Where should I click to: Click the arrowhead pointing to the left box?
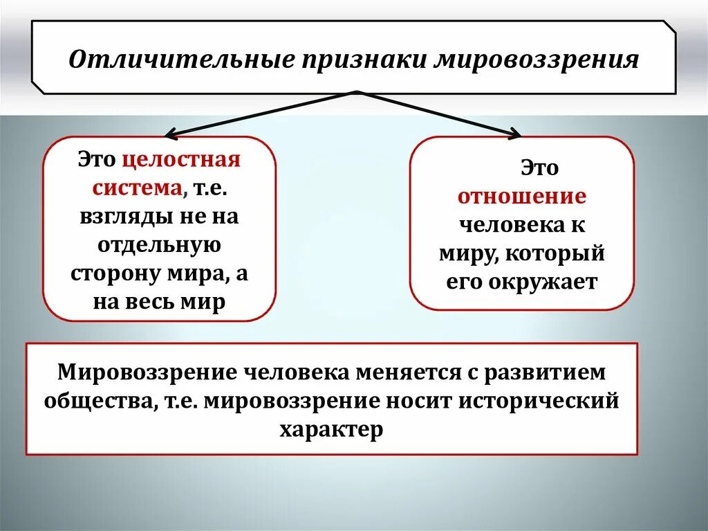point(170,133)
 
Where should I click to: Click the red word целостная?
point(182,161)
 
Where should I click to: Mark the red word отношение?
point(522,197)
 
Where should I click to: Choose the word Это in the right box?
point(539,168)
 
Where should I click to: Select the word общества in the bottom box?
point(98,402)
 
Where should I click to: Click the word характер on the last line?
point(331,429)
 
